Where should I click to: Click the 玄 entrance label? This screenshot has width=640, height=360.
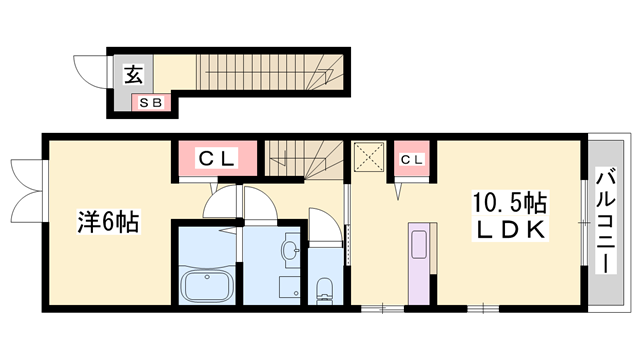(134, 74)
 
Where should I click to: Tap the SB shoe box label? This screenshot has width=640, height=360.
(151, 103)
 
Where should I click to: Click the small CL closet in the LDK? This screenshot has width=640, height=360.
(412, 160)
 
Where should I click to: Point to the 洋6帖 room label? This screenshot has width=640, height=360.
(109, 222)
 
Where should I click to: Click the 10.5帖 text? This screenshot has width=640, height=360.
(509, 203)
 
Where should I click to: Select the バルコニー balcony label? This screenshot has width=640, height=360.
(606, 221)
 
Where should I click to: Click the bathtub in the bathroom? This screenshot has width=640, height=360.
(207, 285)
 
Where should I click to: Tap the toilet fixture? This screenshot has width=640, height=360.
(325, 290)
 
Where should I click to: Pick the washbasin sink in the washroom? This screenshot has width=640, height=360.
(291, 250)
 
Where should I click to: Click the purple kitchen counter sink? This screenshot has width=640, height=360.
(419, 244)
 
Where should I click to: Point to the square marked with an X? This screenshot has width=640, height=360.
(369, 157)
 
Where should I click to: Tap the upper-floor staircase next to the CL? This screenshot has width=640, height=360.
(303, 160)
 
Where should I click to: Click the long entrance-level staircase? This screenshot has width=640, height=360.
(270, 72)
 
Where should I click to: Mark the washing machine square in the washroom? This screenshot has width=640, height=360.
(290, 287)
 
